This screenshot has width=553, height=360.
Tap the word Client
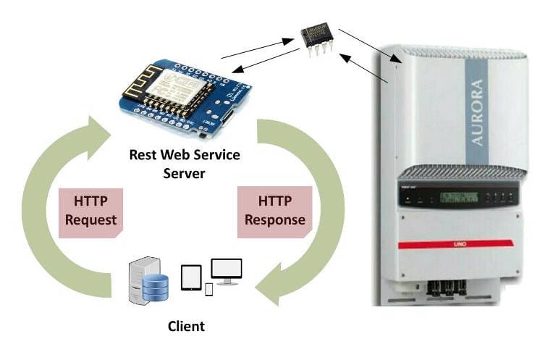[186, 326]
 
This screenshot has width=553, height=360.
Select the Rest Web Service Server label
[184, 164]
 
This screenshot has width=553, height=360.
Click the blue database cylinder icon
[154, 287]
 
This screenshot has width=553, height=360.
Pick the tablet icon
[190, 277]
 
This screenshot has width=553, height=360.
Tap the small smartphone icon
[209, 289]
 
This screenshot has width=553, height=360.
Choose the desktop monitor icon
[226, 271]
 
